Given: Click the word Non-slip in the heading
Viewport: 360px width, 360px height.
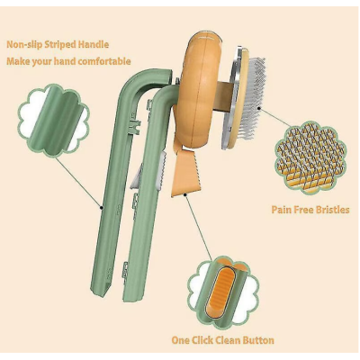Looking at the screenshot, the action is coord(24,45).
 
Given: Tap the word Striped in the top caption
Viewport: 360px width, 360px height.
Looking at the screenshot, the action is coord(60,45).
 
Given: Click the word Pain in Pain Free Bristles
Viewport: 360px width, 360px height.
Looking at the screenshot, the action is coord(282,210).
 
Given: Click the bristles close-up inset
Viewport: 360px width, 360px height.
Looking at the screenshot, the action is coord(310,157).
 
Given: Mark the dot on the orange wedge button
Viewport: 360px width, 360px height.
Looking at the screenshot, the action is coord(186,195).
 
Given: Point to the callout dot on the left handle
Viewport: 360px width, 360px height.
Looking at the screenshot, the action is coord(102,207).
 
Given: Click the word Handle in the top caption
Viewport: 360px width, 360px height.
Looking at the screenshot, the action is coord(94,45).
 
